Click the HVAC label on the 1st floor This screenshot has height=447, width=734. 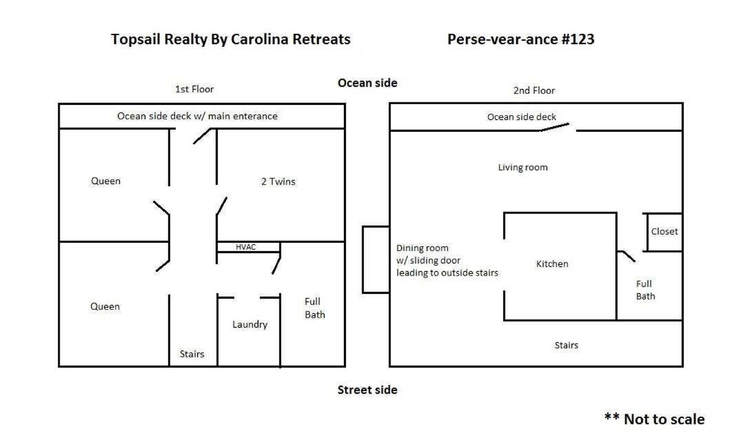(x=246, y=247)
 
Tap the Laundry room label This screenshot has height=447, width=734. (x=250, y=324)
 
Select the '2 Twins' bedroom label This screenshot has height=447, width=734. (x=278, y=181)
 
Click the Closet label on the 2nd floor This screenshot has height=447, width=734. (x=664, y=232)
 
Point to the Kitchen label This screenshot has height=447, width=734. (x=552, y=264)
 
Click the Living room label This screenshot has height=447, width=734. (x=523, y=167)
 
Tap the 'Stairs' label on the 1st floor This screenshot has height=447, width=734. (x=192, y=354)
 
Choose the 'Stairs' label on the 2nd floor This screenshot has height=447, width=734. (x=567, y=346)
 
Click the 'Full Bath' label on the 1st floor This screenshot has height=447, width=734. (x=314, y=308)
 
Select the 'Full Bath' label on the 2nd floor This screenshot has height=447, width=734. (x=646, y=290)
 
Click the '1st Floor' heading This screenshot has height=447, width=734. (x=194, y=89)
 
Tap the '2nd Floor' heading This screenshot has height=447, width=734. (x=534, y=90)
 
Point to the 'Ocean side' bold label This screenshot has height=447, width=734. (x=367, y=83)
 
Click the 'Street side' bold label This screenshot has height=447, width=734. (x=367, y=390)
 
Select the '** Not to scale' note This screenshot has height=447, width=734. (x=655, y=419)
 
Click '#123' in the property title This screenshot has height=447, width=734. (x=578, y=39)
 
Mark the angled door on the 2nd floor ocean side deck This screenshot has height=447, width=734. (x=555, y=127)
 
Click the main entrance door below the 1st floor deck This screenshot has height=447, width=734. (x=203, y=136)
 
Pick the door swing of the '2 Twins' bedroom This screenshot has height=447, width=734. (x=221, y=206)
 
